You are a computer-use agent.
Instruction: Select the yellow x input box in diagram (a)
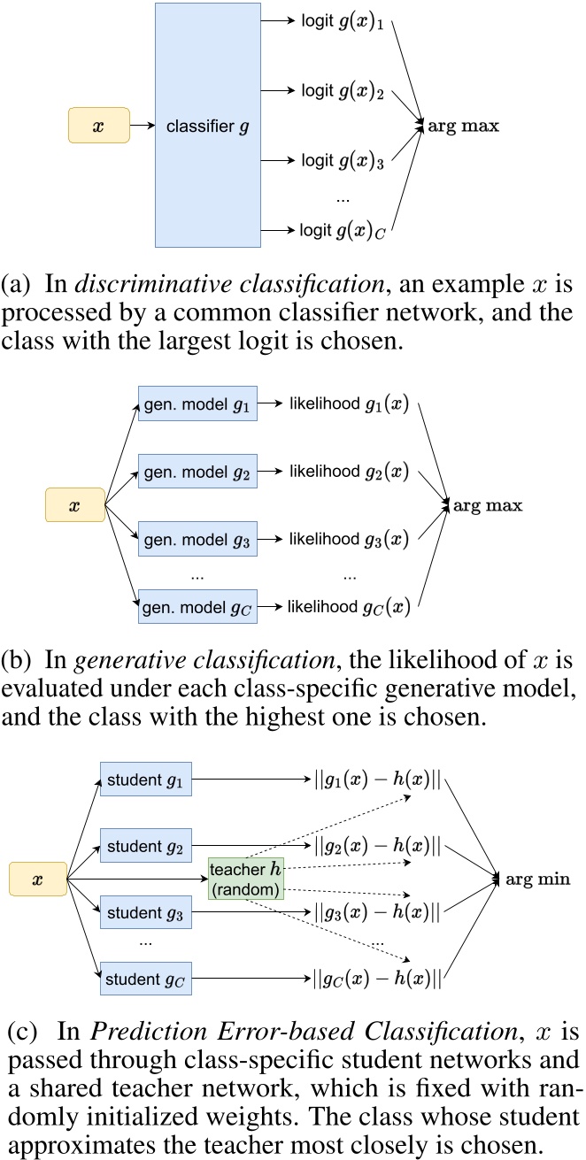pyautogui.click(x=98, y=126)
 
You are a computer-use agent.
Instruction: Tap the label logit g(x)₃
pyautogui.click(x=343, y=160)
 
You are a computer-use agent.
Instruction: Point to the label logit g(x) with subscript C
pyautogui.click(x=343, y=230)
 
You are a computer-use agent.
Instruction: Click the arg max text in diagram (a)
pyautogui.click(x=465, y=126)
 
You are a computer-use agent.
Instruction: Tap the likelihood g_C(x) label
pyautogui.click(x=349, y=606)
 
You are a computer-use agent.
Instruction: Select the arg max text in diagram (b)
pyautogui.click(x=487, y=507)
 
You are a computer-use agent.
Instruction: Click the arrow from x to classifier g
pyautogui.click(x=143, y=126)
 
